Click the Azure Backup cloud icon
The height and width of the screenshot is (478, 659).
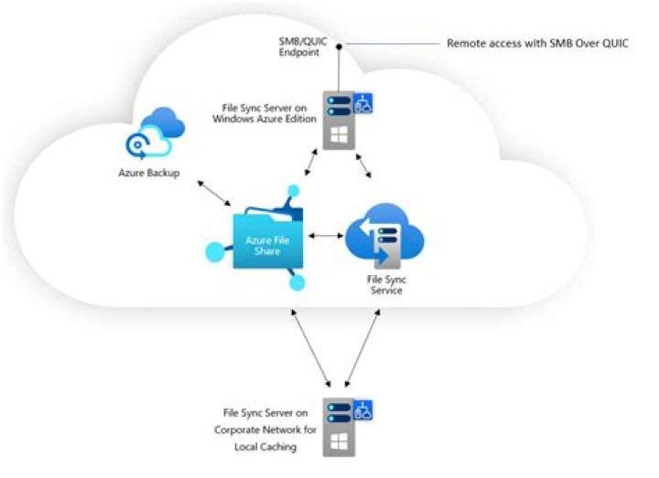(156, 134)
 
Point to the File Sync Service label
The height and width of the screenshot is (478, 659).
(382, 284)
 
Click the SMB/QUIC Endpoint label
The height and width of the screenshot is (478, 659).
(303, 47)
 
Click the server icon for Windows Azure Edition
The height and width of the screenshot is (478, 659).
(337, 118)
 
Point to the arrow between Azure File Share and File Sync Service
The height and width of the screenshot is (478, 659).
(325, 236)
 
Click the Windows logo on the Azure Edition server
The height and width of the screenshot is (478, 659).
(337, 136)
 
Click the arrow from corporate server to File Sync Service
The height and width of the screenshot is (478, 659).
(361, 347)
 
